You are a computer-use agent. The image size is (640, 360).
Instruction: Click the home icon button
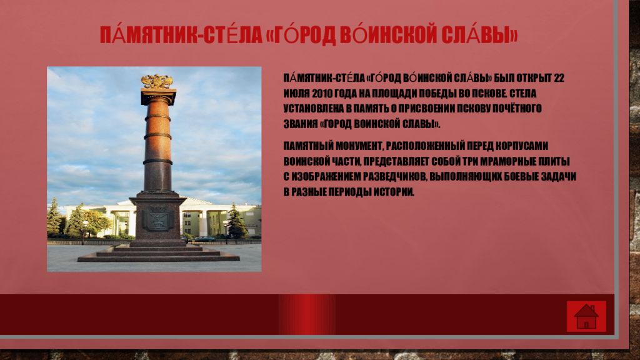point(586,316)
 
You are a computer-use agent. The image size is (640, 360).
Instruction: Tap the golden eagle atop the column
point(157,82)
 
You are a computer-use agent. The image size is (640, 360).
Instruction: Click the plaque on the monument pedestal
point(157,219)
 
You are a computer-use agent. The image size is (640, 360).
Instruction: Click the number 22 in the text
point(558,78)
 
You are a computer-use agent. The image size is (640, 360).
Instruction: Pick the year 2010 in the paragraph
point(322,94)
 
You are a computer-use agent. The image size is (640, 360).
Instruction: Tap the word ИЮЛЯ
point(297,94)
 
